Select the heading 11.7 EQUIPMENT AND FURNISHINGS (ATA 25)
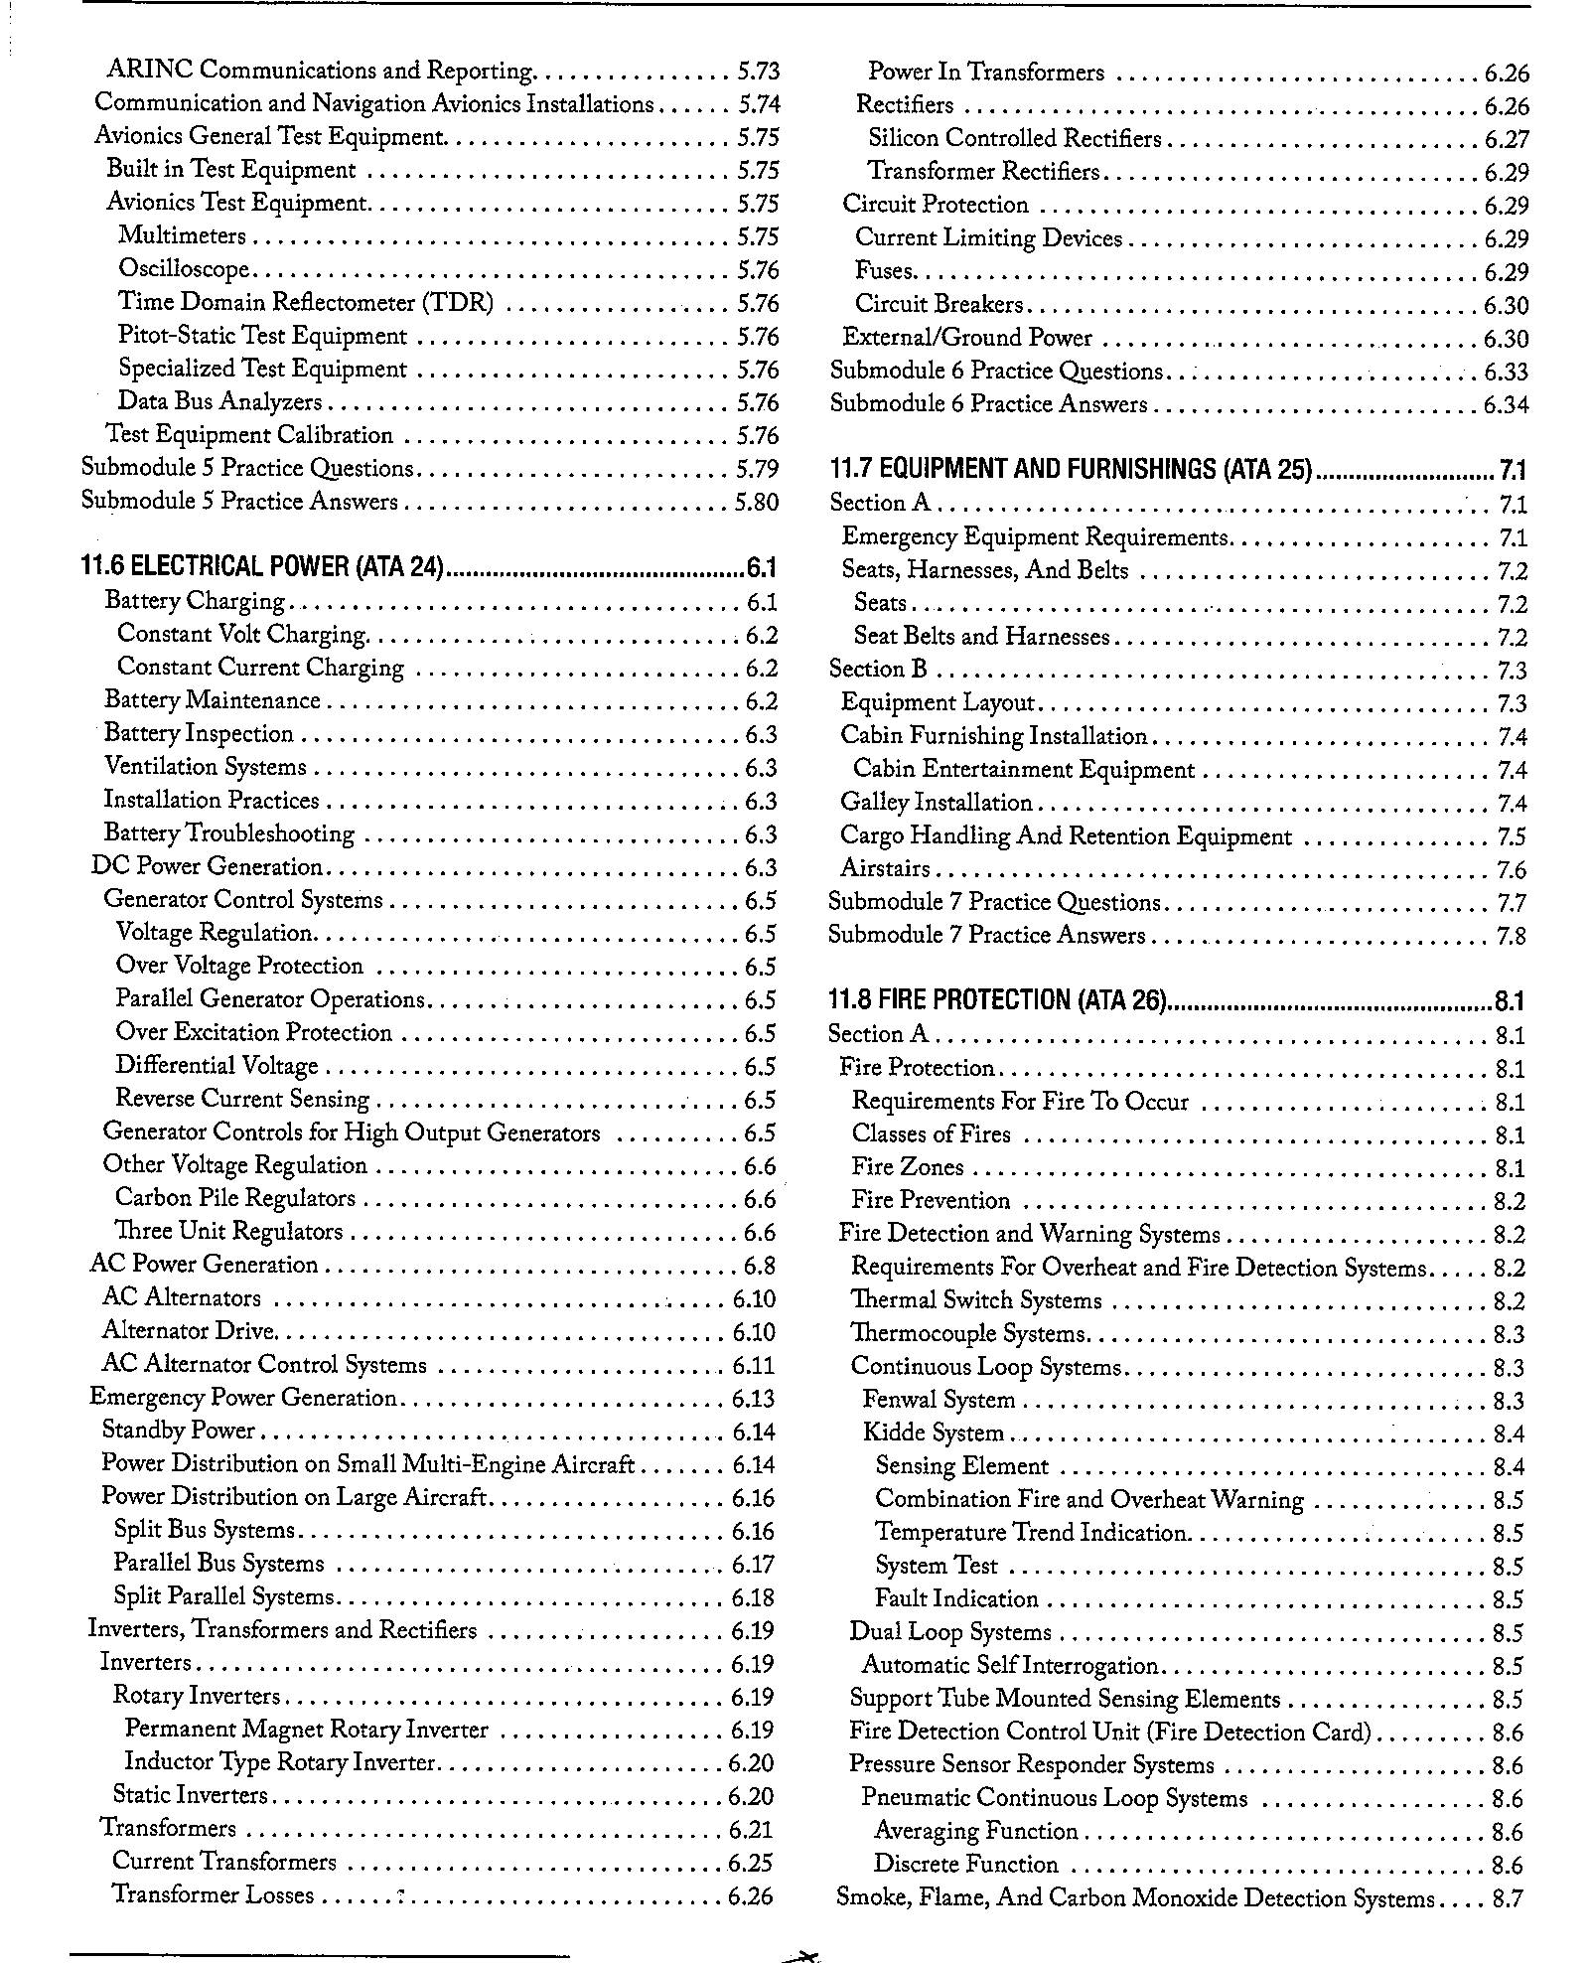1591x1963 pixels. click(x=1071, y=469)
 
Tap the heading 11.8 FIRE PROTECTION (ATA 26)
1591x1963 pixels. click(x=996, y=999)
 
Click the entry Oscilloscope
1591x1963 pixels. click(x=184, y=269)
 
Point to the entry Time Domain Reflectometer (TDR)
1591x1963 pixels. click(x=305, y=302)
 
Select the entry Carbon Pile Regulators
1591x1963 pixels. click(x=235, y=1198)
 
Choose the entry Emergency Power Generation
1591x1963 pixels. click(x=243, y=1398)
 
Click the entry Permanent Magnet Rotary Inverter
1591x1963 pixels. click(x=307, y=1730)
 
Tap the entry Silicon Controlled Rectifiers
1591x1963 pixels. click(x=1014, y=138)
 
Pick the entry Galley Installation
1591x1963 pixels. click(x=937, y=803)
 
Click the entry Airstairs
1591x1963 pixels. click(x=885, y=869)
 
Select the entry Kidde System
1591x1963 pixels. click(x=933, y=1433)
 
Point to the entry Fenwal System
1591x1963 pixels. click(x=939, y=1400)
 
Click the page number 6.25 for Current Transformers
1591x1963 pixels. click(x=750, y=1863)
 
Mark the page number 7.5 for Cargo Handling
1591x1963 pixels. click(x=1511, y=837)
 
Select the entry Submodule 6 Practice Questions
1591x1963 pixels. click(x=996, y=371)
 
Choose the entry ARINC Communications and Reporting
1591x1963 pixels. click(x=321, y=71)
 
